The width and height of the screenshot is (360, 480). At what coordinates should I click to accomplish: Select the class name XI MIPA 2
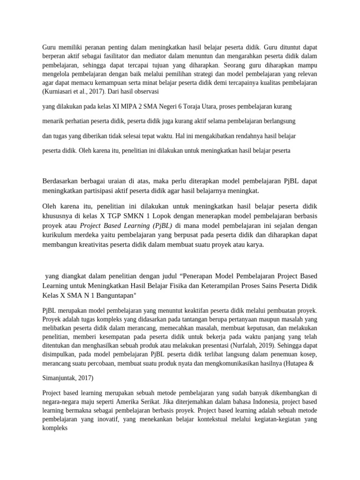point(126,106)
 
